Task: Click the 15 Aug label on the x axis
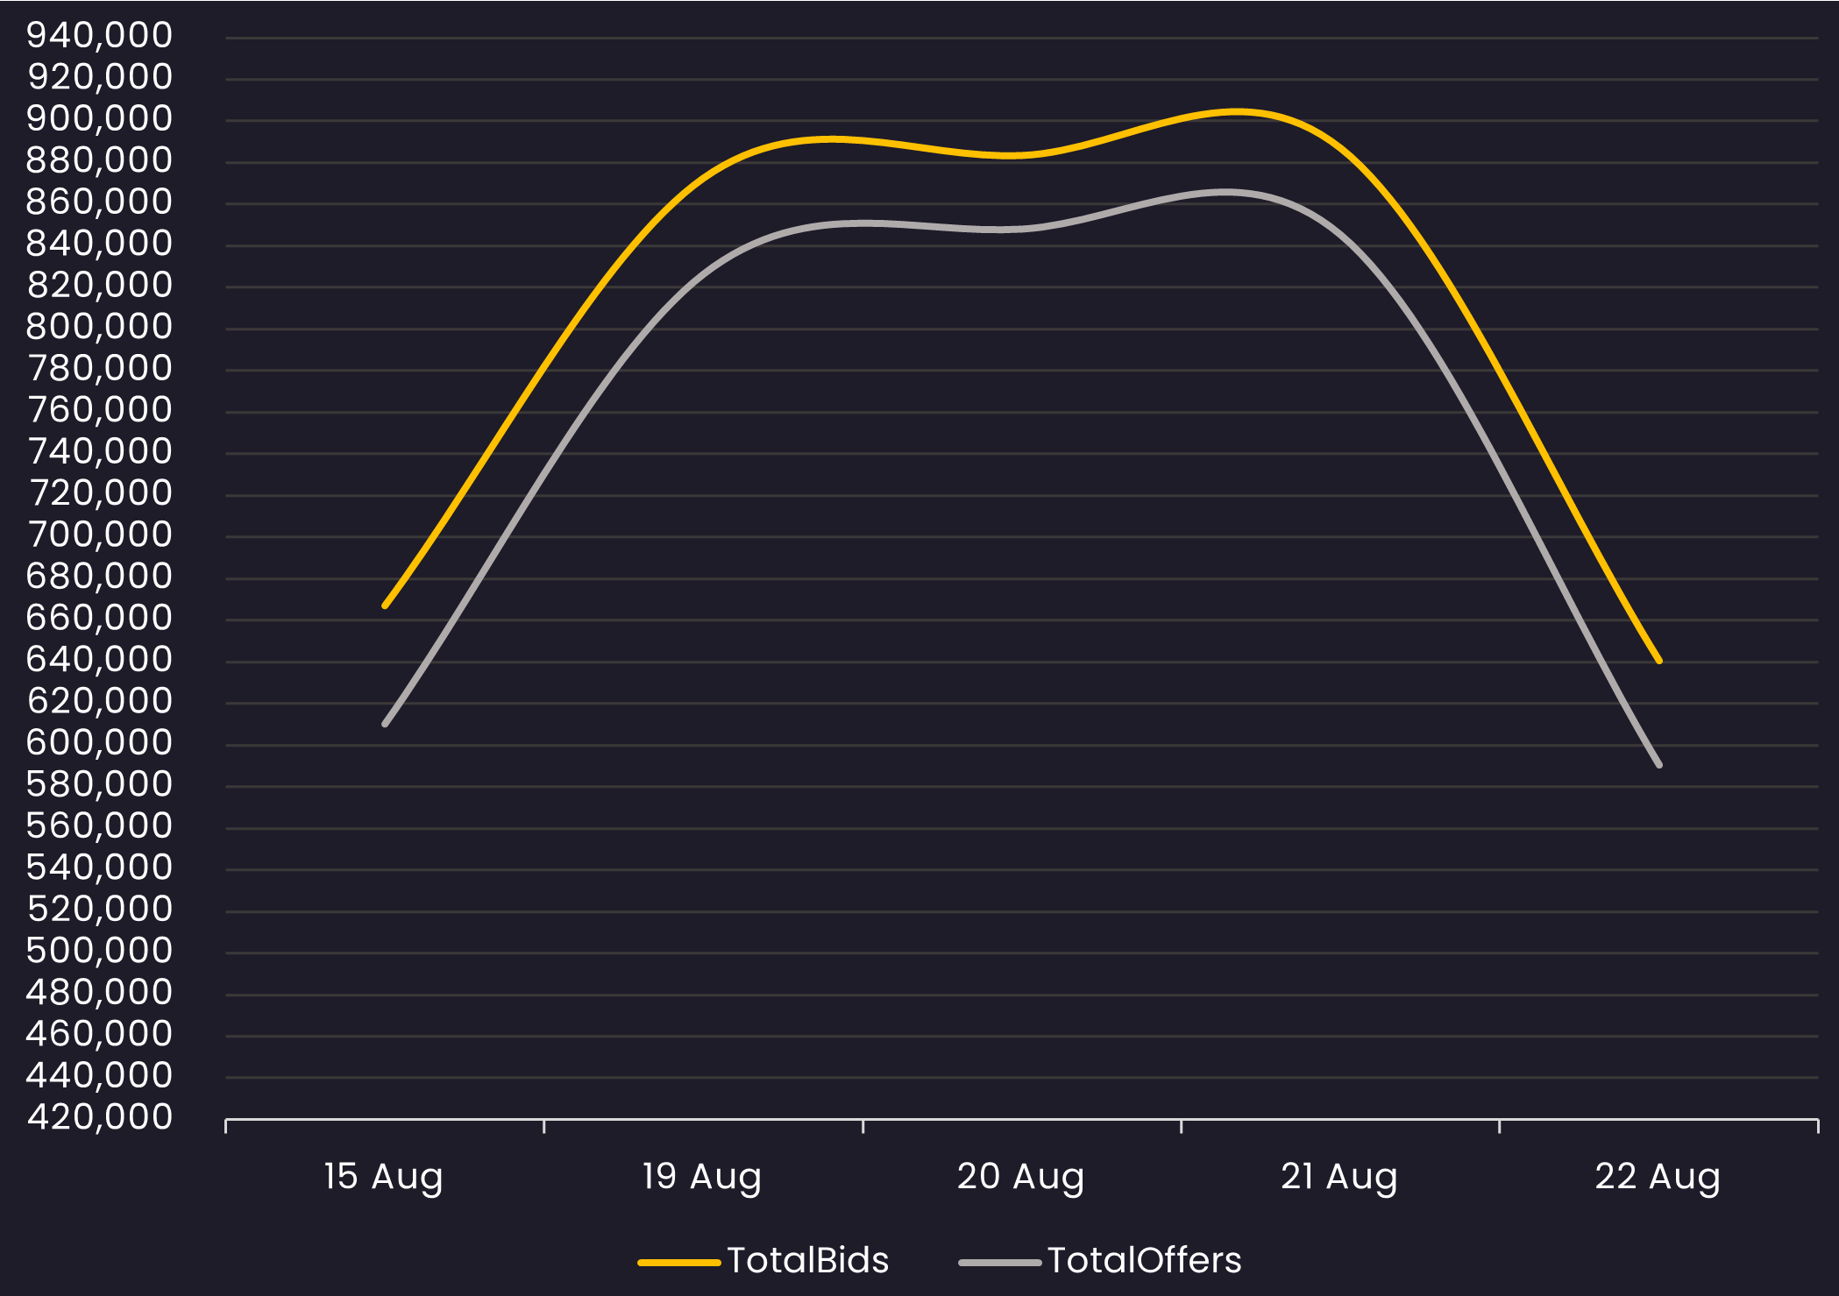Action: [x=383, y=1177]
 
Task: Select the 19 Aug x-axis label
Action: [x=701, y=1177]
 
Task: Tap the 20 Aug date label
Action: [x=1020, y=1177]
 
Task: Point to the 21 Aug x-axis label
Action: [x=1338, y=1177]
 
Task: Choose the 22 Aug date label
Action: [x=1657, y=1177]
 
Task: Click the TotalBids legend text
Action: [x=807, y=1261]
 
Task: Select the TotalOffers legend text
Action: [x=1144, y=1261]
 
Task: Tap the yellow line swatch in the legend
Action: [x=678, y=1263]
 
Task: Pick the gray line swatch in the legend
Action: [x=999, y=1263]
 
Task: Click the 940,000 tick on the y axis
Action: [x=100, y=36]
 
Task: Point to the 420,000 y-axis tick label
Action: [x=100, y=1117]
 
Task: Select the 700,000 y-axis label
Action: [x=100, y=535]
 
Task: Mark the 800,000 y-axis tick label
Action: [x=100, y=327]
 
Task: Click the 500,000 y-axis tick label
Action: [x=100, y=951]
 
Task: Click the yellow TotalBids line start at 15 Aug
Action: [x=386, y=606]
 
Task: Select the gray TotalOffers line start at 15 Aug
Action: [x=386, y=724]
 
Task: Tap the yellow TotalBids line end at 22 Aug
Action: [x=1659, y=661]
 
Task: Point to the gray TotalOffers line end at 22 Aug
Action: [x=1659, y=765]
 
